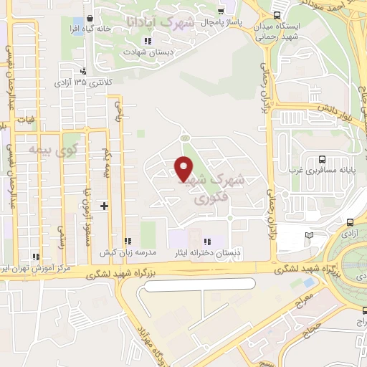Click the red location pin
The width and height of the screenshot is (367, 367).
pyautogui.click(x=183, y=168)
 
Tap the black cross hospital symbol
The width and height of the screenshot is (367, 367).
pyautogui.click(x=105, y=206)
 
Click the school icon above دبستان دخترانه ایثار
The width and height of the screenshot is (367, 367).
pyautogui.click(x=208, y=242)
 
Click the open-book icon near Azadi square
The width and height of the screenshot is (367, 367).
pyautogui.click(x=310, y=234)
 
